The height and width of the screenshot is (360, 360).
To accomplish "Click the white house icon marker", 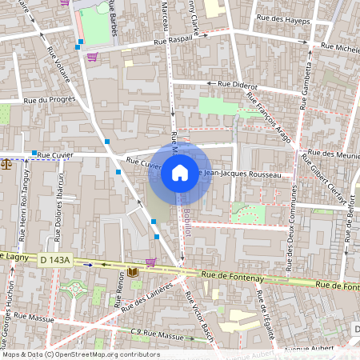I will (179, 173).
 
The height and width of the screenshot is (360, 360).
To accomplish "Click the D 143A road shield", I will (57, 259).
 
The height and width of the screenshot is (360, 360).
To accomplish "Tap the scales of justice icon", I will (7, 164).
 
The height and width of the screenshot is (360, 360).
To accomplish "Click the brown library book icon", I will (133, 272).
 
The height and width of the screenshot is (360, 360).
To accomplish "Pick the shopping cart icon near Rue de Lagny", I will (150, 262).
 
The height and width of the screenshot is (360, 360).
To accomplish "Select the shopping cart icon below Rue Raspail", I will (92, 57).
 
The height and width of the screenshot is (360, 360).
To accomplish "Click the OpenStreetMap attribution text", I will (81, 354).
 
